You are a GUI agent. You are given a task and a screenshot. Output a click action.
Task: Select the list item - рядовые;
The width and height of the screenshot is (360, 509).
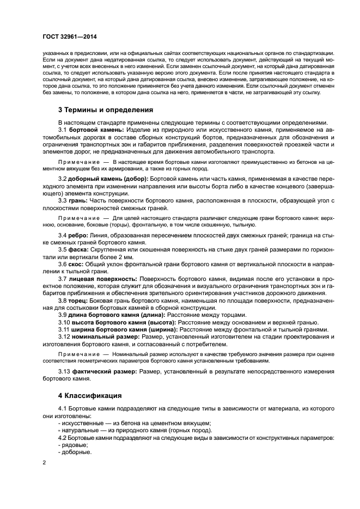point(73,445)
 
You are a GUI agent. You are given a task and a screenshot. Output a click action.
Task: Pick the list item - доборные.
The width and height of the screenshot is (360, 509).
point(75,452)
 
